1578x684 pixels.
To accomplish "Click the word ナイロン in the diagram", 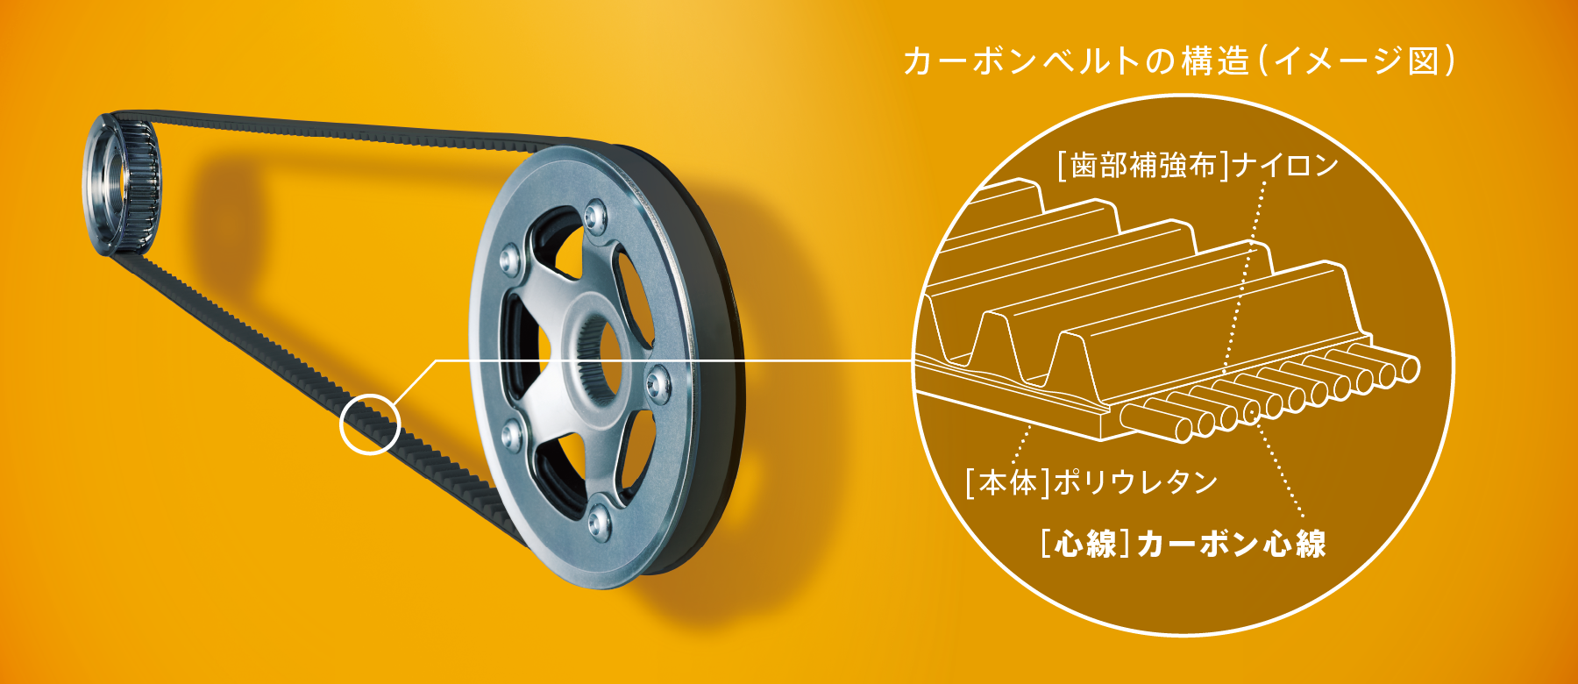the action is pyautogui.click(x=1284, y=165).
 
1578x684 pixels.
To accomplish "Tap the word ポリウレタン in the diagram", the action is pyautogui.click(x=1135, y=481).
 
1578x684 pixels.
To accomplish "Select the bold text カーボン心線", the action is pyautogui.click(x=1232, y=544).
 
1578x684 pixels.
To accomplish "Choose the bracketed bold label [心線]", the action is pyautogui.click(x=1086, y=544).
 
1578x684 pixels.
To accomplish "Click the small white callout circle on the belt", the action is pyautogui.click(x=341, y=424).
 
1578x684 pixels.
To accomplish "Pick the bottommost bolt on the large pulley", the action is pyautogui.click(x=598, y=522).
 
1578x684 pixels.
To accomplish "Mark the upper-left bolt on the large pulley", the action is pyautogui.click(x=509, y=259).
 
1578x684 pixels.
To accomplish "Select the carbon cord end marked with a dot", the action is pyautogui.click(x=1251, y=410).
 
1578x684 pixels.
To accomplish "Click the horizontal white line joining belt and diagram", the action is pyautogui.click(x=675, y=360).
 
